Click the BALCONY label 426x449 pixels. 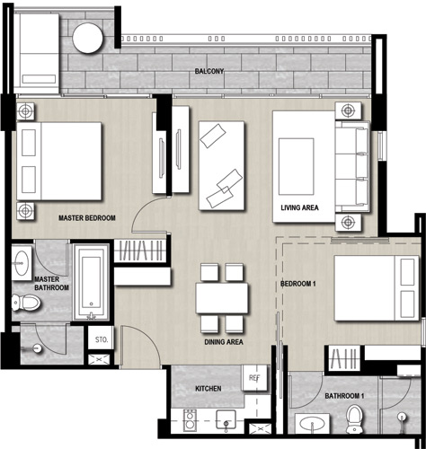pos(209,71)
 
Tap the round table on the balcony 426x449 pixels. pos(88,38)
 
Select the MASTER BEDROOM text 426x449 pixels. pos(87,218)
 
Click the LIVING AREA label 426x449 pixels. pos(299,207)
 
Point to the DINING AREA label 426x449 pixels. pos(224,342)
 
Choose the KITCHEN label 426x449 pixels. pos(209,389)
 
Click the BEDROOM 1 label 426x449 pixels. pos(298,284)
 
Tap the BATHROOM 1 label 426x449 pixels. pos(344,396)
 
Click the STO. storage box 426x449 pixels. pos(101,339)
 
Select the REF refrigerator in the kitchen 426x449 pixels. pos(254,378)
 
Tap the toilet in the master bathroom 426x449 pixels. pos(26,303)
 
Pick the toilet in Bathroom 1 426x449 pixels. pos(354,419)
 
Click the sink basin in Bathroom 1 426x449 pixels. pos(312,424)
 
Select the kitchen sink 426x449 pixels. pos(226,419)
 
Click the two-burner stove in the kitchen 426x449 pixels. pos(190,420)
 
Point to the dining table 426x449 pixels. pos(222,298)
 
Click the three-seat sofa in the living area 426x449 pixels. pos(352,166)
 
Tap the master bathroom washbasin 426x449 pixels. pos(22,263)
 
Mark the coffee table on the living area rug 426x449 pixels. pos(297,166)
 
